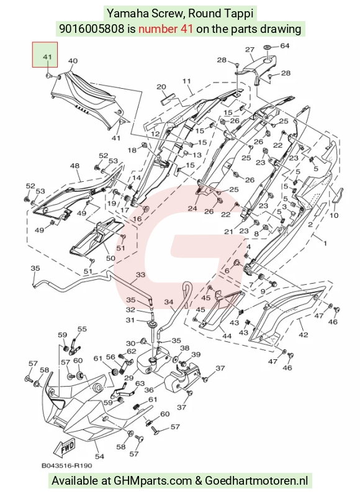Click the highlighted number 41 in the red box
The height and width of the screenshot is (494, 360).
47,57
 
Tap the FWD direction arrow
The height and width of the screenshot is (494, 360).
65,448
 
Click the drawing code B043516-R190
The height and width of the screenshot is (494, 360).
67,465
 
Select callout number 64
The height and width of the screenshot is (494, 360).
285,46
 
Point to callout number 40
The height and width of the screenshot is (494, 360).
73,61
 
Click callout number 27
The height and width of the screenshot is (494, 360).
250,50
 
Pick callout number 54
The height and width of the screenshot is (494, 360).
99,456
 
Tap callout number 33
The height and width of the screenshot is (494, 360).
140,275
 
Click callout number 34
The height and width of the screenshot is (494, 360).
169,302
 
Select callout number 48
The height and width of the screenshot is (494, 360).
74,166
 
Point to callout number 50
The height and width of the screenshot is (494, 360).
110,258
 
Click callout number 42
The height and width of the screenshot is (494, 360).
304,335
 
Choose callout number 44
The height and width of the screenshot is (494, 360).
227,336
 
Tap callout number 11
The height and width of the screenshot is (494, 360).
187,81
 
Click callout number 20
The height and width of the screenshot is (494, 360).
161,87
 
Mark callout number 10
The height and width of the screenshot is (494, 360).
334,215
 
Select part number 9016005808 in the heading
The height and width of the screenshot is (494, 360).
92,29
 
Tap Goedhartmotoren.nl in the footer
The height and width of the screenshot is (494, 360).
256,481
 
